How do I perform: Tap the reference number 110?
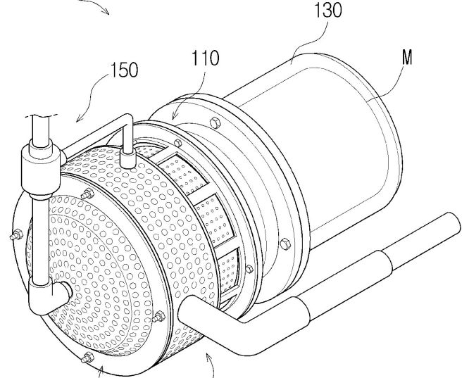point(205,58)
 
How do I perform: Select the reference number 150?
point(125,70)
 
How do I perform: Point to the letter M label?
point(407,57)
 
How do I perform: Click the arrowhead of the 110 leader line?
point(174,118)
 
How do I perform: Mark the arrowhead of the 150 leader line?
point(78,120)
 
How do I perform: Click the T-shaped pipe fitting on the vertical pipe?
point(41,168)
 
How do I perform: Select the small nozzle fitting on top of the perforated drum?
point(127,158)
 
